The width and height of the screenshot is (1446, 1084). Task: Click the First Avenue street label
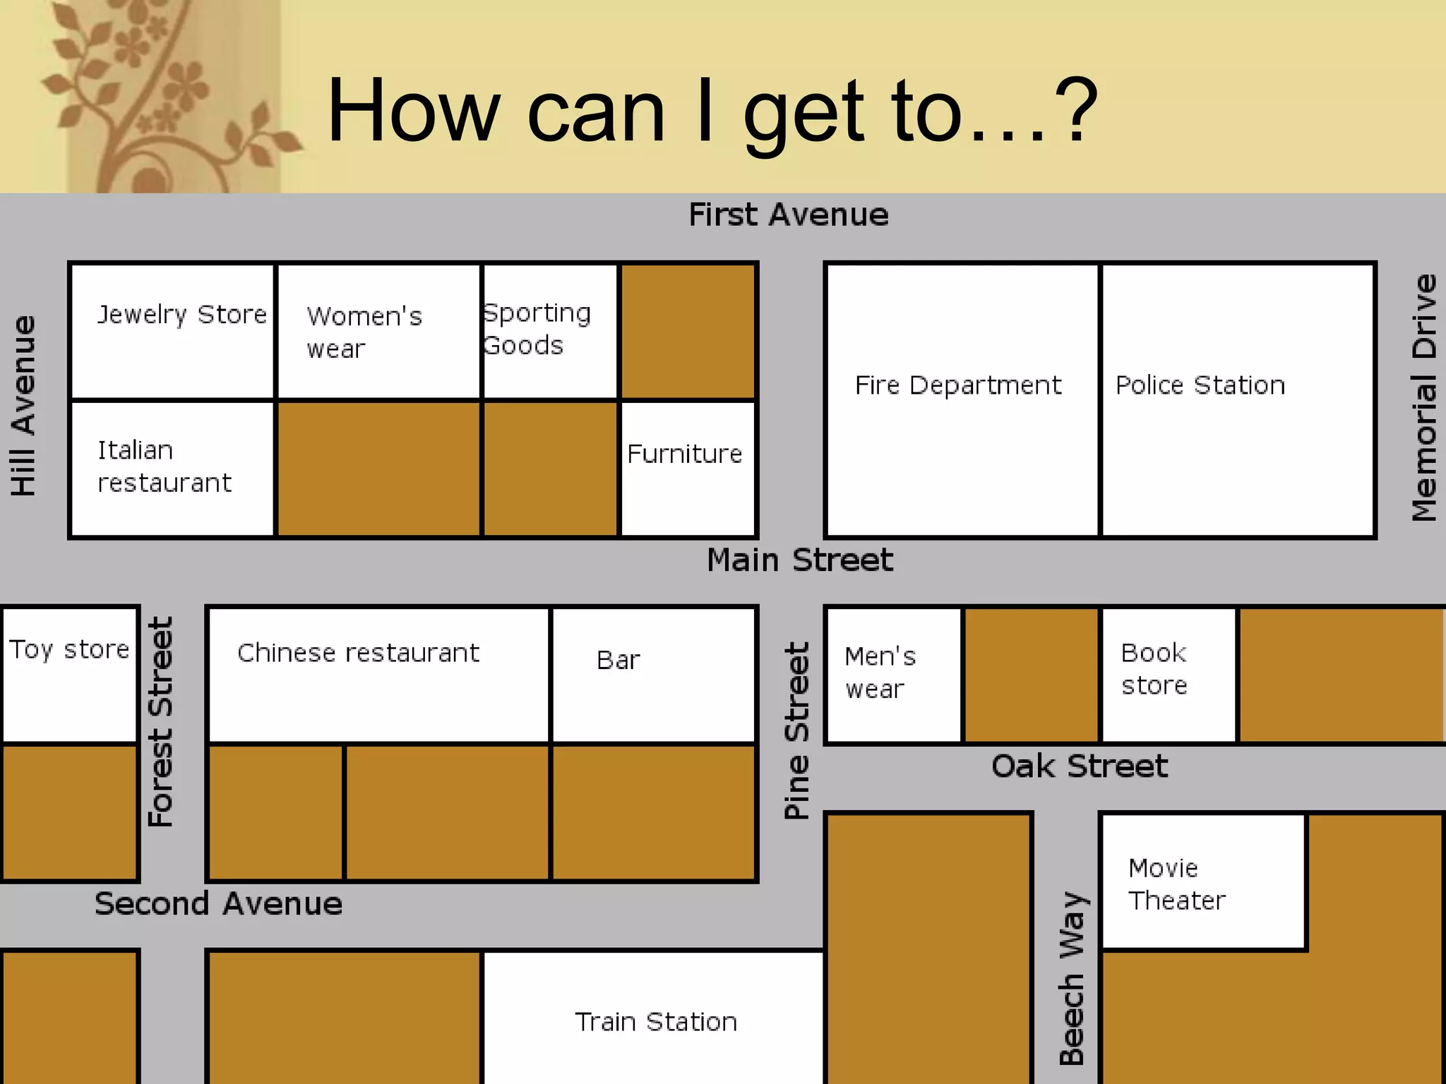tap(788, 215)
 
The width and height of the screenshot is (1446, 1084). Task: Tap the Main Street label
tap(799, 560)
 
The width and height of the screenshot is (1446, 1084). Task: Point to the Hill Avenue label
tap(23, 406)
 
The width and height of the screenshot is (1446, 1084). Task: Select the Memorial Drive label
tap(1423, 398)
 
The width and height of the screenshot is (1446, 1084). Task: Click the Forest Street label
tap(160, 721)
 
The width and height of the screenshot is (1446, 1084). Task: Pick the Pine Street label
tap(796, 730)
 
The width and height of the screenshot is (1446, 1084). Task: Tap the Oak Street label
tap(1079, 766)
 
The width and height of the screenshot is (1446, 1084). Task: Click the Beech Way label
tap(1072, 977)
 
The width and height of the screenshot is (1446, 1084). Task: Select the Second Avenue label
tap(218, 904)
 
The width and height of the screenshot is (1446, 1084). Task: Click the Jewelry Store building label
tap(182, 314)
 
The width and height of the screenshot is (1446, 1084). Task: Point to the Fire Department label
tap(957, 385)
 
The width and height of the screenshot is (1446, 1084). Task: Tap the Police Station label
tap(1200, 385)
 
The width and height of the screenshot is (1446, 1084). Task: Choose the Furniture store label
tap(684, 454)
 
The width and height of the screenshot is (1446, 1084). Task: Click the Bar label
tap(618, 661)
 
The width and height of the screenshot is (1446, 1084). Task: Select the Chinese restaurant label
tap(358, 653)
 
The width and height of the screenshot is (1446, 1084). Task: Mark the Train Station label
tap(655, 1022)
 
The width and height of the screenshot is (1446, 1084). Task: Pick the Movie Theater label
tap(1176, 884)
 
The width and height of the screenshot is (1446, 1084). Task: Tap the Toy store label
tap(69, 649)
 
